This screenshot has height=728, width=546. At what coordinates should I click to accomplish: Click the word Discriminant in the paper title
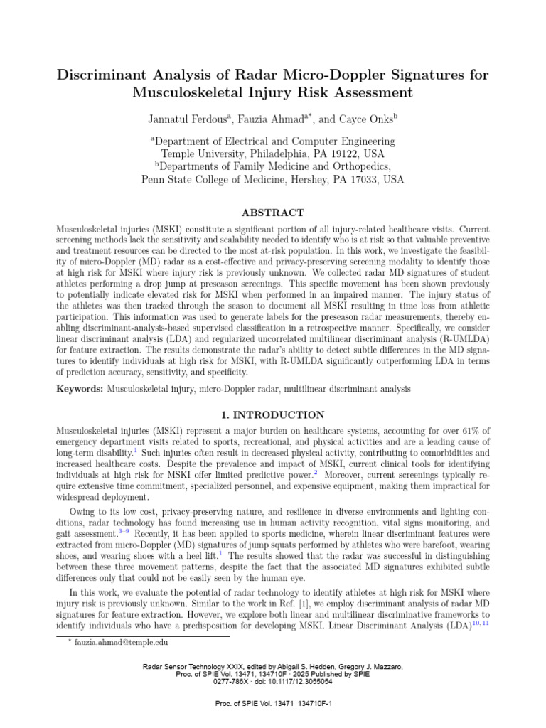(x=105, y=75)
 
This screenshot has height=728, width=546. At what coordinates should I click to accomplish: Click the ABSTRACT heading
(x=273, y=213)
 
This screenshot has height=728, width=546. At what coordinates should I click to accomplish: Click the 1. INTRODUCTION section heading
(x=273, y=415)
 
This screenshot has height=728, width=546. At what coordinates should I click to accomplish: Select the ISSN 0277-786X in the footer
(x=233, y=681)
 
